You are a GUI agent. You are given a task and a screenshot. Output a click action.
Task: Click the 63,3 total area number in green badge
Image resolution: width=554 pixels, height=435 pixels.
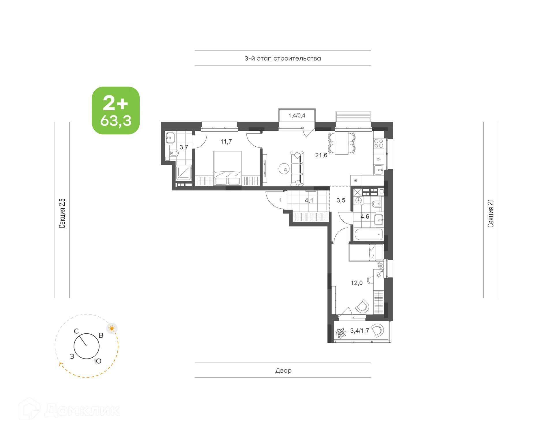(x=116, y=121)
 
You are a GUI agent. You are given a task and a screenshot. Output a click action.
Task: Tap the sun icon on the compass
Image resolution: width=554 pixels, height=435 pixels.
(x=112, y=328)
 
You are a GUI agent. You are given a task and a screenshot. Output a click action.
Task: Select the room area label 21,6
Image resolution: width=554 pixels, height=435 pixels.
(x=321, y=155)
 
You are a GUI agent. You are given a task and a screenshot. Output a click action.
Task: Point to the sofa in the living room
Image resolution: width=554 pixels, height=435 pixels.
(x=297, y=169)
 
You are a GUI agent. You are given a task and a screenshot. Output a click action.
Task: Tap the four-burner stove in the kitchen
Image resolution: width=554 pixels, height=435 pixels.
(x=379, y=143)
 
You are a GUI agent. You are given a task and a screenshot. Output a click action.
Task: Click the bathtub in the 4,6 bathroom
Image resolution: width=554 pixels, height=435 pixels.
(x=368, y=234)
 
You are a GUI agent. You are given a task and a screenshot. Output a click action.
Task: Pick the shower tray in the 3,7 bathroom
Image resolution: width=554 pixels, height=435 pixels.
(x=184, y=173)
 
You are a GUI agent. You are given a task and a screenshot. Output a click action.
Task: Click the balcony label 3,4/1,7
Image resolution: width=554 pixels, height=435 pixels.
(x=360, y=331)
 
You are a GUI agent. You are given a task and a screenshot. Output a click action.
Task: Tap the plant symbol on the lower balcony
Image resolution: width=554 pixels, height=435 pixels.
(x=341, y=333)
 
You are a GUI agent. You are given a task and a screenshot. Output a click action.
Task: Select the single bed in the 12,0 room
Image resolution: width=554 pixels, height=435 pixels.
(x=366, y=253)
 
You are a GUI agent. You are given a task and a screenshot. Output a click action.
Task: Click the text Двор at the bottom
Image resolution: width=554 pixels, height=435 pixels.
(x=283, y=371)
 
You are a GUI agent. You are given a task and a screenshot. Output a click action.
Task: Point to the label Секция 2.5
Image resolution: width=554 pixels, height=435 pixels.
(x=62, y=213)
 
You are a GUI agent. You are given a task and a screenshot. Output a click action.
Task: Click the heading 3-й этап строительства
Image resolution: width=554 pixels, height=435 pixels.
(x=282, y=59)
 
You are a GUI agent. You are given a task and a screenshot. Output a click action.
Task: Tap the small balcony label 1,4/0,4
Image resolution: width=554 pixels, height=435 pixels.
(x=297, y=116)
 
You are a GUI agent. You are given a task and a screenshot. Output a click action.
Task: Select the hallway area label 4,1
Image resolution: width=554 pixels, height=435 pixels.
(x=309, y=200)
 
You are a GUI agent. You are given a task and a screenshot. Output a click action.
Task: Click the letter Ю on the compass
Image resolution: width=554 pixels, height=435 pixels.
(x=98, y=361)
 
